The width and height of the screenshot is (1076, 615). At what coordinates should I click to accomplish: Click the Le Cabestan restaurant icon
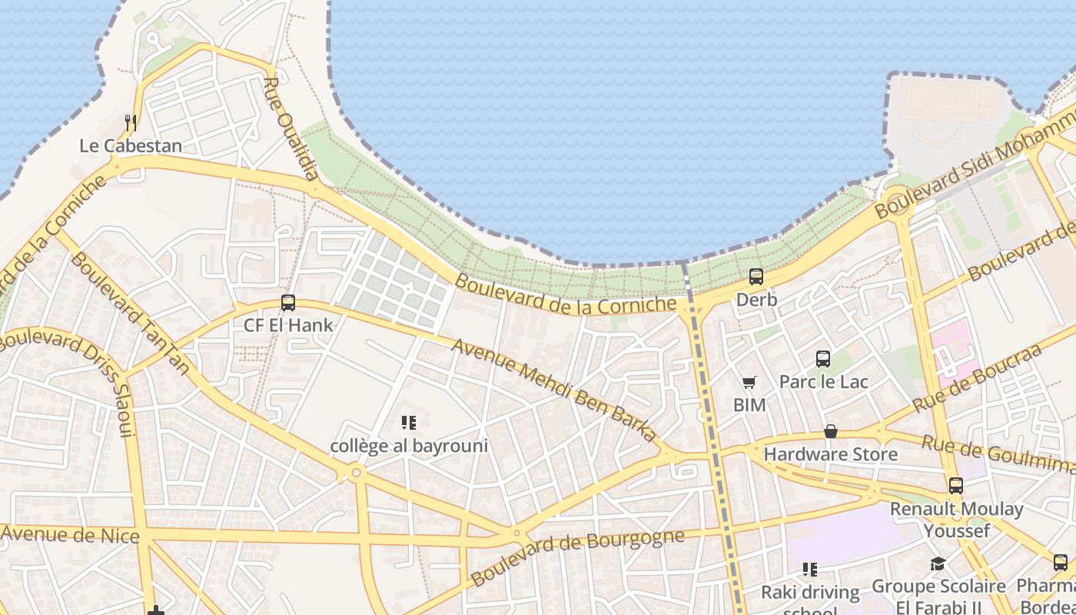[x=131, y=123]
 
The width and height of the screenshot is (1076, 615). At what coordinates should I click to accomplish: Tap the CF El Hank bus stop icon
[x=288, y=303]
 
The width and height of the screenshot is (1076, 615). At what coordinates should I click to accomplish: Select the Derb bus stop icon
[x=756, y=277]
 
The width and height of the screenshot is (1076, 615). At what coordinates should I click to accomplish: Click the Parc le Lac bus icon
[x=823, y=359]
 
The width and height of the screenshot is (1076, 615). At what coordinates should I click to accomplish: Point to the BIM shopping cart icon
[x=749, y=382]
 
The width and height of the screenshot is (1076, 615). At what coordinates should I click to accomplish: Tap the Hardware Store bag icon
[x=831, y=432]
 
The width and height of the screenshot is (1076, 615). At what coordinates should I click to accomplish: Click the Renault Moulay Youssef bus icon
[x=956, y=486]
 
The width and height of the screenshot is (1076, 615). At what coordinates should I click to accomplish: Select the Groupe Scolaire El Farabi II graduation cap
[x=938, y=564]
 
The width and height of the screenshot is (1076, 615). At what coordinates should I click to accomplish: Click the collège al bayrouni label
[x=409, y=446]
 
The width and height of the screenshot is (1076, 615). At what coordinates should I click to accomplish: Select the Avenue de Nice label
[x=70, y=535]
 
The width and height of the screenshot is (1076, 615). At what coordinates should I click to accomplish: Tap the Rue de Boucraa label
[x=976, y=379]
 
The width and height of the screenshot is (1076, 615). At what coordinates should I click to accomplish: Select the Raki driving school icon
[x=810, y=570]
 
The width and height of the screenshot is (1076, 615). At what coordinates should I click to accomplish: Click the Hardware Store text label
[x=830, y=454]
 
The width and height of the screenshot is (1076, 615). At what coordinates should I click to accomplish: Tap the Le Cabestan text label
[x=131, y=146]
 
